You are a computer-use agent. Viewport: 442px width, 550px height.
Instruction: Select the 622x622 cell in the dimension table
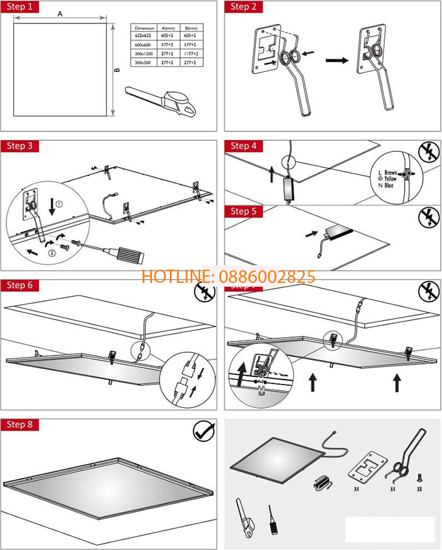pos(144,37)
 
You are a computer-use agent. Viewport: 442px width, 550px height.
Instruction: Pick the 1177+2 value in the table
pos(189,54)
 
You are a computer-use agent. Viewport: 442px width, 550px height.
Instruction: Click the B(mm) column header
pos(189,28)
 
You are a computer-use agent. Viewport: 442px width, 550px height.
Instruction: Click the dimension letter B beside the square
pos(117,70)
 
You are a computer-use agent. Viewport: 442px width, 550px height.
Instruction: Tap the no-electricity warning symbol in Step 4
pos(429,153)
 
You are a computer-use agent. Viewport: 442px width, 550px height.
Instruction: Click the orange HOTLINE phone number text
pos(228,277)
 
